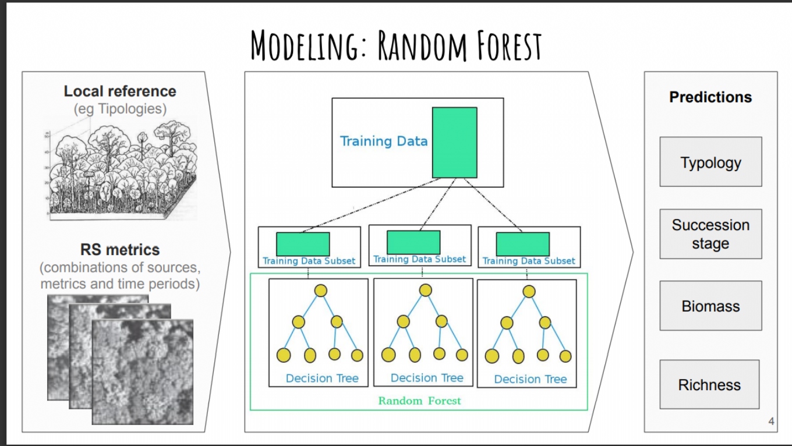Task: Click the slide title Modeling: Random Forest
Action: point(396,45)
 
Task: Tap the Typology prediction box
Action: point(710,162)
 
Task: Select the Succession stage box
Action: point(710,234)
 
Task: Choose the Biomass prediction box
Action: point(710,306)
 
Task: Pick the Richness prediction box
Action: point(709,384)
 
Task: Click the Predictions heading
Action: point(710,97)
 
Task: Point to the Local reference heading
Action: point(120,91)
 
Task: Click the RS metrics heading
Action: point(120,250)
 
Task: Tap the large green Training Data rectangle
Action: point(454,143)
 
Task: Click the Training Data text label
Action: point(384,141)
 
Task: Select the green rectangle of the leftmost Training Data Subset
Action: point(303,244)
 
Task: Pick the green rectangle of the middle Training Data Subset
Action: point(413,242)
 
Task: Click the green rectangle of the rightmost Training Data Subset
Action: point(522,244)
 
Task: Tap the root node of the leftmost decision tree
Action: point(321,291)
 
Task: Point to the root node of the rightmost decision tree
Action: point(529,292)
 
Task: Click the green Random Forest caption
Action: point(419,401)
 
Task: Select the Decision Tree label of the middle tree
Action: point(427,378)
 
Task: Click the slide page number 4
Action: point(771,422)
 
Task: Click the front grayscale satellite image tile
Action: point(143,372)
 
